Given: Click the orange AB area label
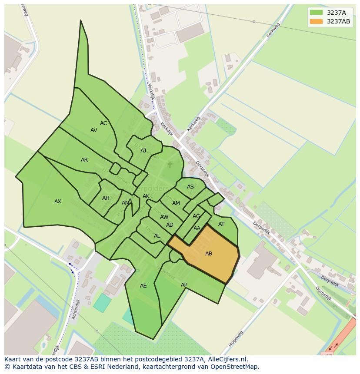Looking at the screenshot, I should (209, 253).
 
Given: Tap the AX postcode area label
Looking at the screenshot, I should (58, 202).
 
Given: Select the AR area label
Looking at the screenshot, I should (84, 160).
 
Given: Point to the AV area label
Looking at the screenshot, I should (94, 130).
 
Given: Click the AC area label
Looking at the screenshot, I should (103, 123).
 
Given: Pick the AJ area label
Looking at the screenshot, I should (143, 151).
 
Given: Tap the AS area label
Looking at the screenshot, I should (190, 187).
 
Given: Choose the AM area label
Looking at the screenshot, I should (176, 203).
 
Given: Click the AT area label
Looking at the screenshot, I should (221, 224).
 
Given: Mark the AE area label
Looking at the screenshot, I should (143, 286).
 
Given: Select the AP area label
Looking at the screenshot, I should (184, 285).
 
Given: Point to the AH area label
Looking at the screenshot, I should (106, 198).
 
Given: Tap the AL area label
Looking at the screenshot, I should (157, 236).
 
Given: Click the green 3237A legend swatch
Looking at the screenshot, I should (316, 13).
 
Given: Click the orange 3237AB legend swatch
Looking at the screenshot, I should (316, 21).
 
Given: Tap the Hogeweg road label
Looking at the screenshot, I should (236, 338).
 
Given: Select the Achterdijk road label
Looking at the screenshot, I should (76, 309).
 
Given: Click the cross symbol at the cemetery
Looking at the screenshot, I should (170, 165).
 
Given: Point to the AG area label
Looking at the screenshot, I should (197, 216).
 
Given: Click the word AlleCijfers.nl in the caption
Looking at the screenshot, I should (227, 359).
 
